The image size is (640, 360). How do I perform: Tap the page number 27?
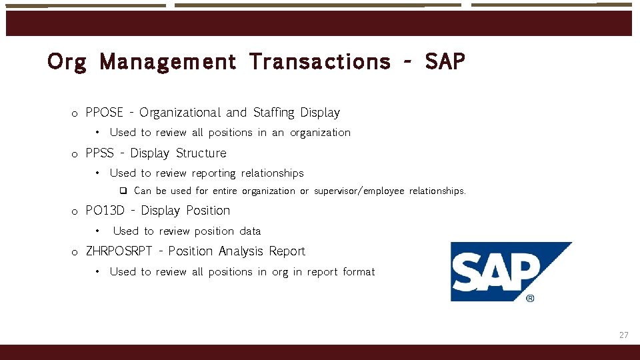(x=623, y=335)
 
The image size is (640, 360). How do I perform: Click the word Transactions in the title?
(x=320, y=62)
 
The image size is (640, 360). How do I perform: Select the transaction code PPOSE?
(x=104, y=113)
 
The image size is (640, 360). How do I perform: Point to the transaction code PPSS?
(x=99, y=153)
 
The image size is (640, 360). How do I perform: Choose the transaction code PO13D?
(x=105, y=211)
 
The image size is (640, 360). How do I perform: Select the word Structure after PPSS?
(x=201, y=153)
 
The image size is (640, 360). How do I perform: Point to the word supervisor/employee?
(x=359, y=191)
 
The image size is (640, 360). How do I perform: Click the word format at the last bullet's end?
(x=359, y=272)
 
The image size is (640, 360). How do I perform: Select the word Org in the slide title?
(x=67, y=62)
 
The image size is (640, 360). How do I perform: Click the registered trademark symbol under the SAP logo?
(x=530, y=298)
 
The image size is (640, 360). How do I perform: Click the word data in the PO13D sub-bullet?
(x=250, y=231)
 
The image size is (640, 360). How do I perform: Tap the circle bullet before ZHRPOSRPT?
(x=75, y=252)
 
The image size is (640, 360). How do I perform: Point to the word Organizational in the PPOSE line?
(x=179, y=113)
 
